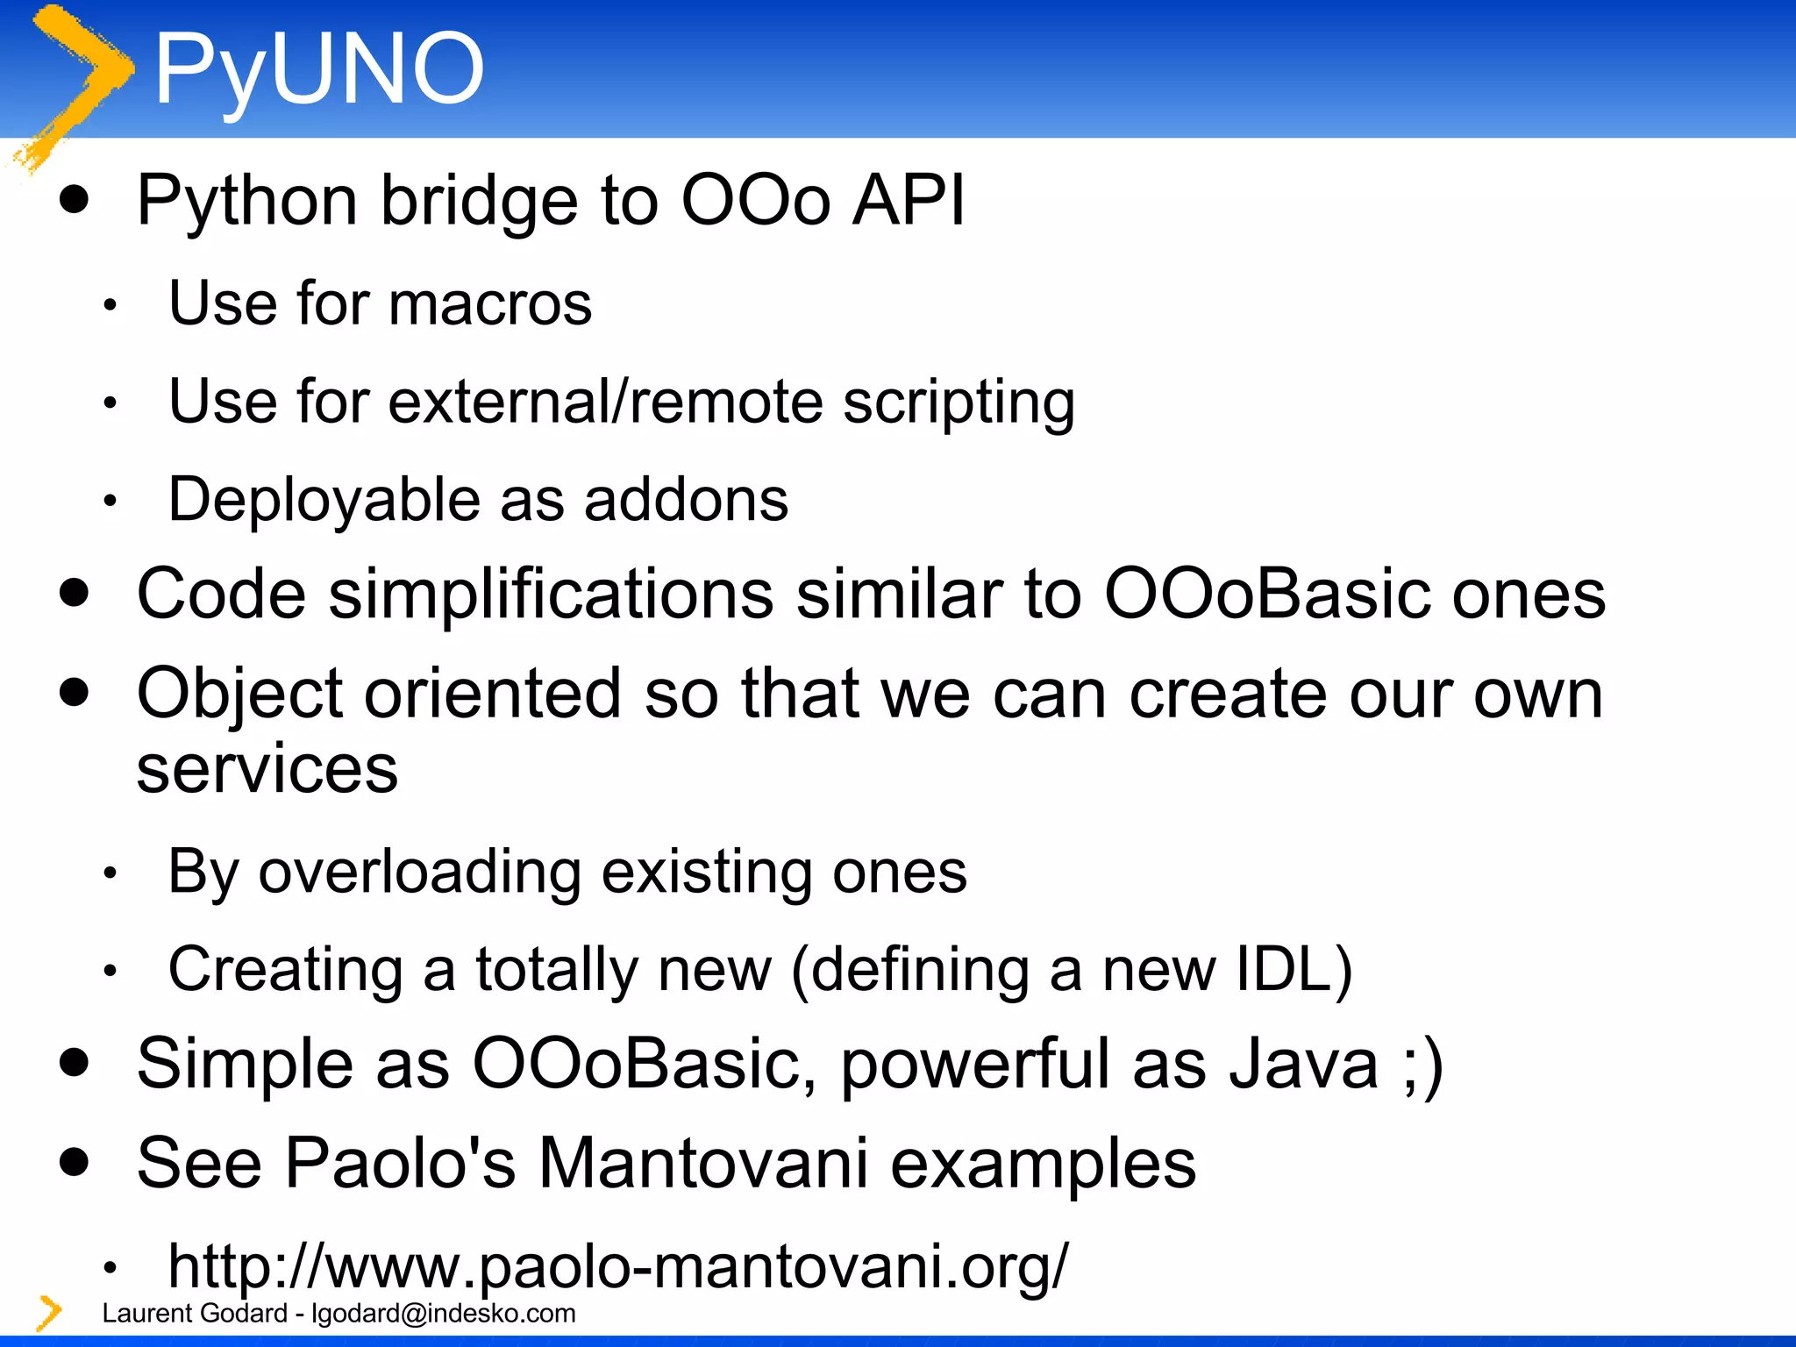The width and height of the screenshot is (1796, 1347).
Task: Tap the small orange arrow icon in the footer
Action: pos(49,1313)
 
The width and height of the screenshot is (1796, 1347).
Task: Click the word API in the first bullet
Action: pos(909,200)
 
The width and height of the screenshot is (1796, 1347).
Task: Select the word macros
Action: pos(489,303)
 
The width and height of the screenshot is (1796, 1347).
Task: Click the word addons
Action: pos(686,500)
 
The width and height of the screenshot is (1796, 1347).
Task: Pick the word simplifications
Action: pos(551,595)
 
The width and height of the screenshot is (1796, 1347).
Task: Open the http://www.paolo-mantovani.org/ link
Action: pos(618,1265)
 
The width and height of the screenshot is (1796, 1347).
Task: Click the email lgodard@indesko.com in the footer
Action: pos(444,1313)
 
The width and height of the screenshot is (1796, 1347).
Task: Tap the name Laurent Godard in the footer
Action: pos(195,1313)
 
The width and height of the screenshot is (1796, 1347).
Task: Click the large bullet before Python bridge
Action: pos(75,199)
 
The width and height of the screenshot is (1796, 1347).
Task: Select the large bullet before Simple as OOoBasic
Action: pos(75,1063)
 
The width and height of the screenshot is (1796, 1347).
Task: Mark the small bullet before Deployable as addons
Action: pos(110,502)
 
